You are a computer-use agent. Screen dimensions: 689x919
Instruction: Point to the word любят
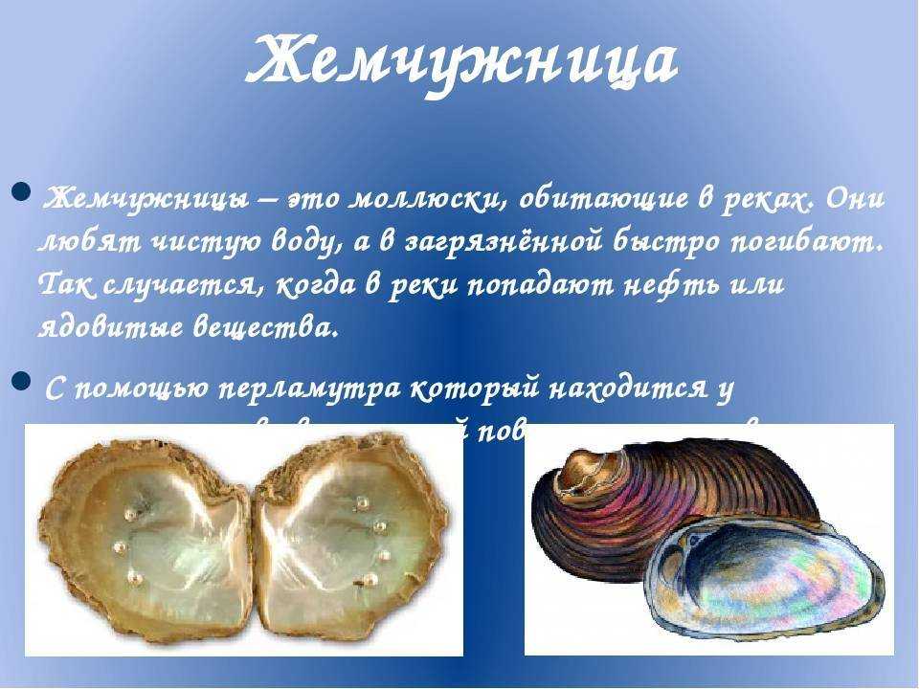[x=78, y=241]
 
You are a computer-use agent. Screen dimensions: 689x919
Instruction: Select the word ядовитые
[x=104, y=328]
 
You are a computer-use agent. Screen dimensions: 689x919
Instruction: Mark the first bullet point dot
[x=22, y=198]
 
